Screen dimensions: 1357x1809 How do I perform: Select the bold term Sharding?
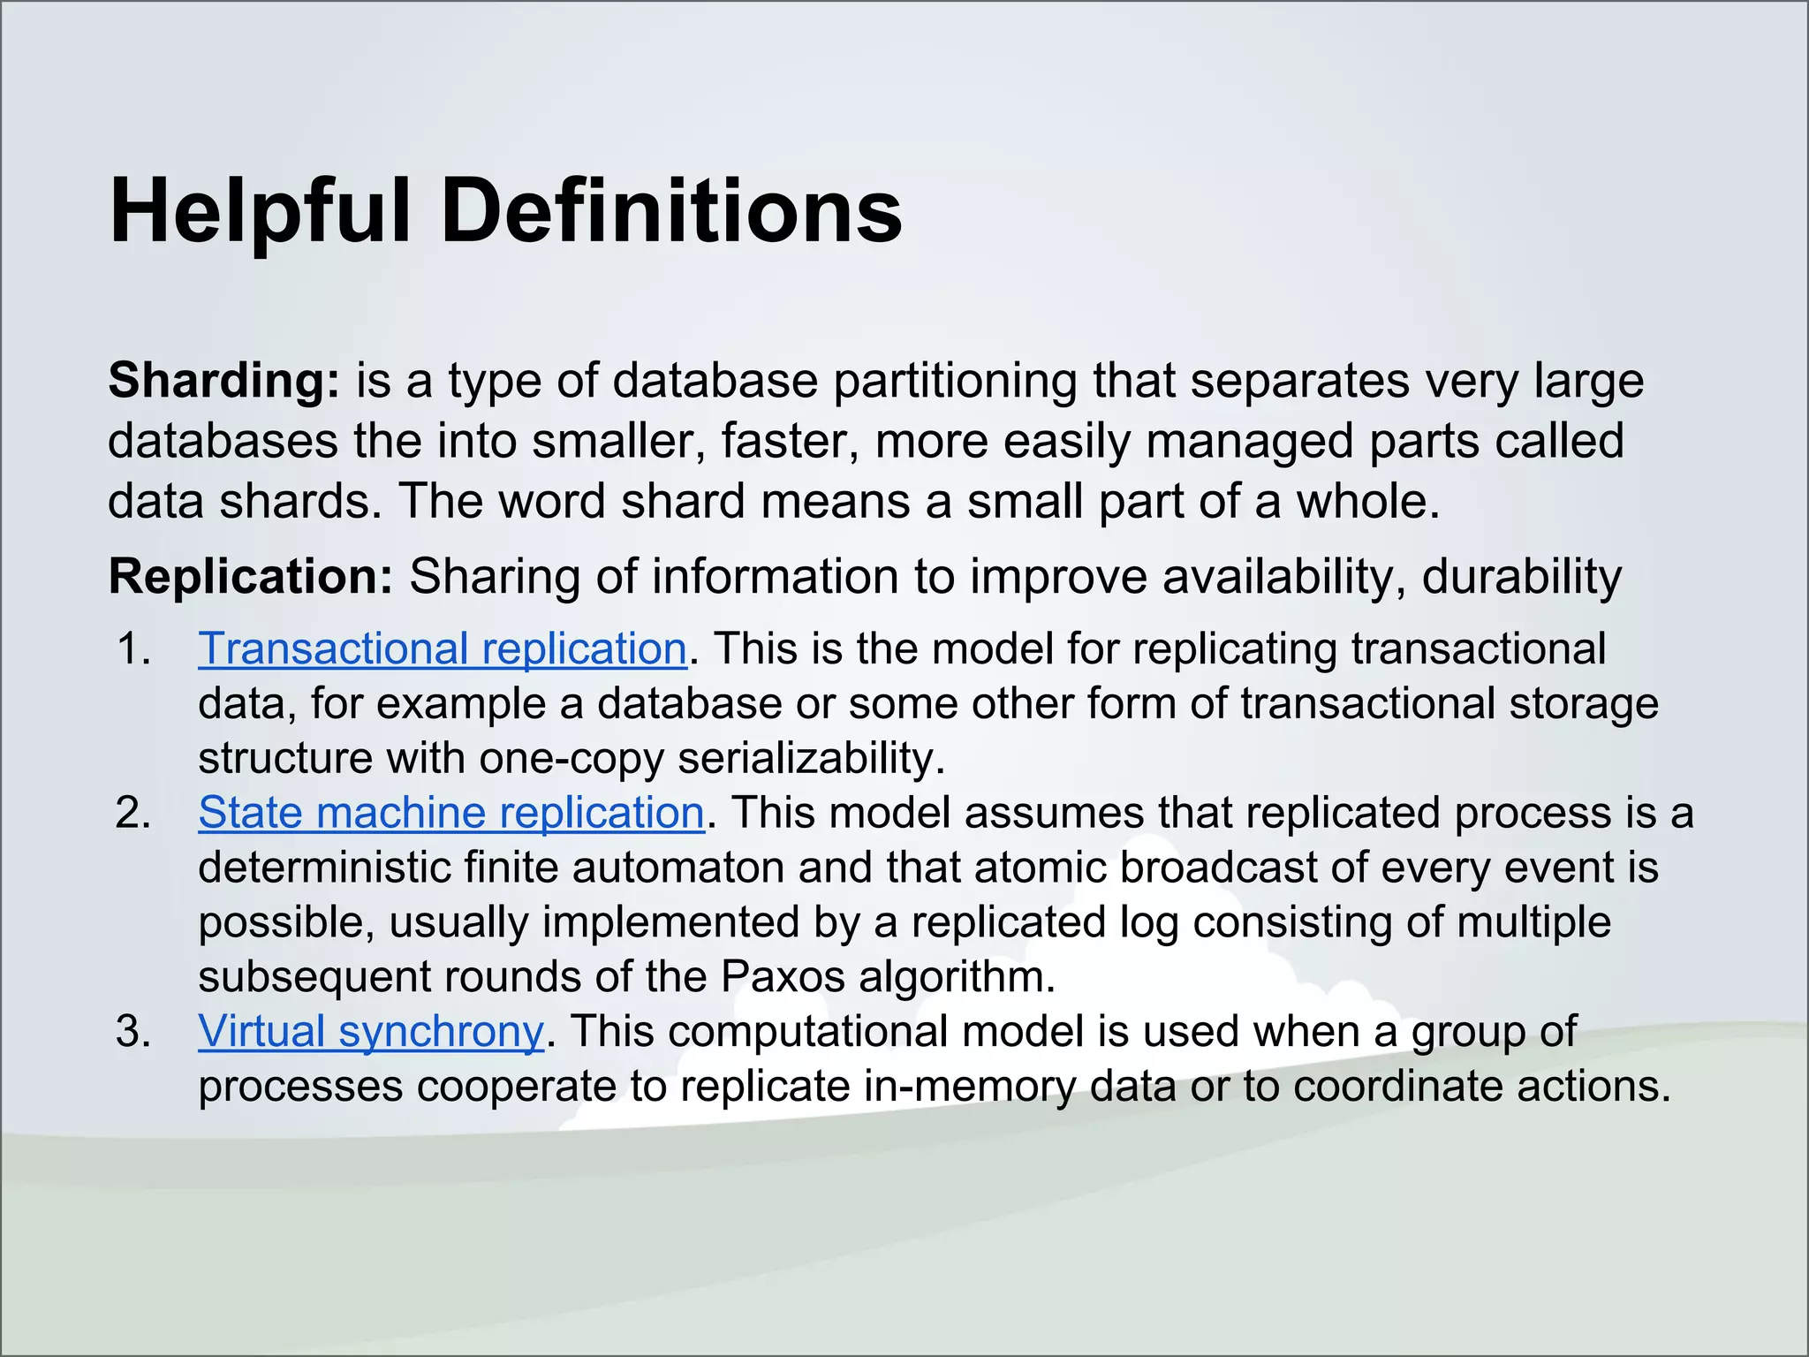tap(223, 382)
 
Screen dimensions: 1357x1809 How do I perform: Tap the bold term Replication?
tap(250, 577)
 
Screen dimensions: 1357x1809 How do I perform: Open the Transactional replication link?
tap(443, 649)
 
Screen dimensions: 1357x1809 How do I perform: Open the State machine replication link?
tap(451, 813)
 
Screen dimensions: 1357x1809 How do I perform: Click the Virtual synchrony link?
tap(371, 1031)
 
